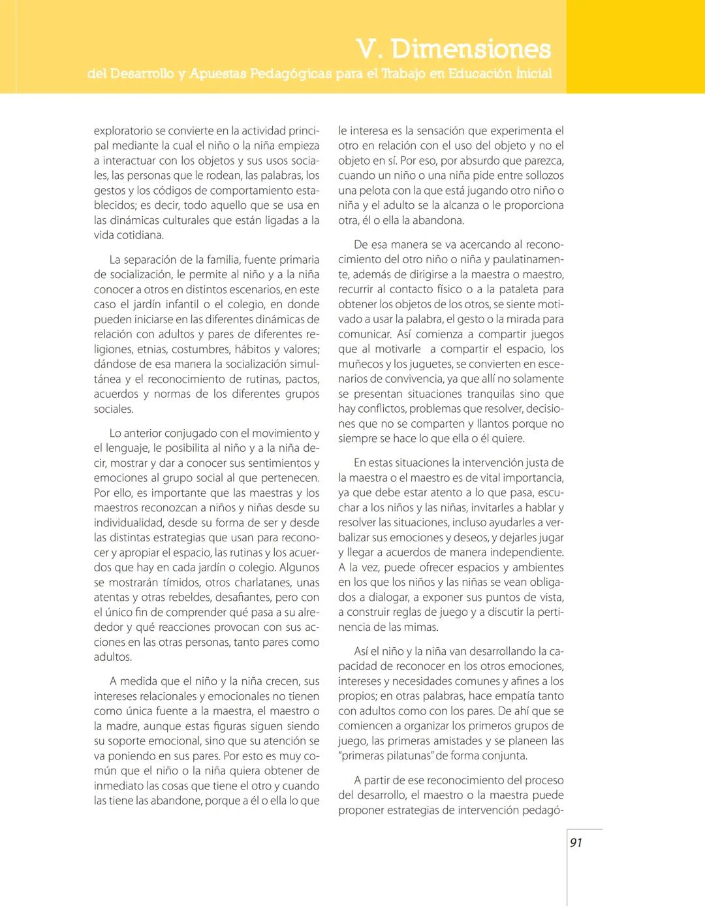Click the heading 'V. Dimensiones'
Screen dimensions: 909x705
(x=454, y=49)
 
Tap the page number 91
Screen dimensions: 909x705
(x=576, y=842)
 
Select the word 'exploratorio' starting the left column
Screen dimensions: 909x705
(x=123, y=131)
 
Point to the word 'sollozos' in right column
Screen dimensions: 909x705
(x=543, y=175)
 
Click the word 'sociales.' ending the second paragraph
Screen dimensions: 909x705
(x=114, y=409)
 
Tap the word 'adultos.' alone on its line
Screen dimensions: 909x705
(x=113, y=657)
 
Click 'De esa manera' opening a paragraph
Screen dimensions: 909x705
(x=386, y=245)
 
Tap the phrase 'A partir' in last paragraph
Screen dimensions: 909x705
(x=375, y=780)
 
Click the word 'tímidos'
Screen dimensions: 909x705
(x=172, y=582)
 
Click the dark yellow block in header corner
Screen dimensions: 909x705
(x=635, y=46)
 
